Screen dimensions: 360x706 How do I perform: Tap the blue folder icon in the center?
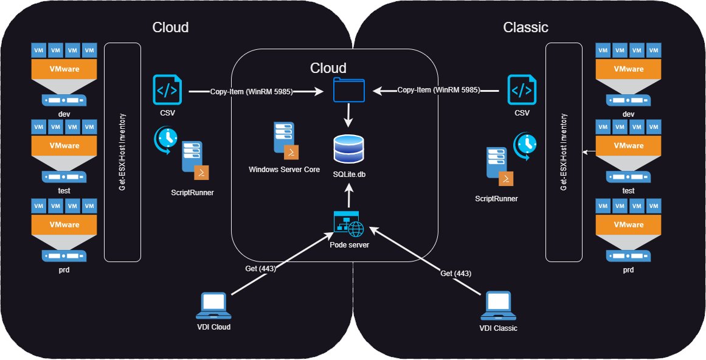(349, 91)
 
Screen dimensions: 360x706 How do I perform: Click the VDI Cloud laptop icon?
(213, 306)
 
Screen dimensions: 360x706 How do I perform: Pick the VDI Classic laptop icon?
(497, 306)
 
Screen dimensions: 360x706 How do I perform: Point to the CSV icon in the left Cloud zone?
(166, 90)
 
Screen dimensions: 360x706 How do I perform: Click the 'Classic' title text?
(525, 27)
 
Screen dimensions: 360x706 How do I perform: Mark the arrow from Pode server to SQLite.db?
(349, 196)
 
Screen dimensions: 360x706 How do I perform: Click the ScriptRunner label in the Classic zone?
(497, 198)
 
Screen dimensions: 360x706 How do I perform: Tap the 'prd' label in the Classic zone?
(628, 269)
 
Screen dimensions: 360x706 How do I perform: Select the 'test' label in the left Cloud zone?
(64, 190)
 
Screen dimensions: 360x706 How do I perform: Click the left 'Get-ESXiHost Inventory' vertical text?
(122, 152)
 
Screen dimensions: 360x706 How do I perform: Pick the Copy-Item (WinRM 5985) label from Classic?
(438, 90)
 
